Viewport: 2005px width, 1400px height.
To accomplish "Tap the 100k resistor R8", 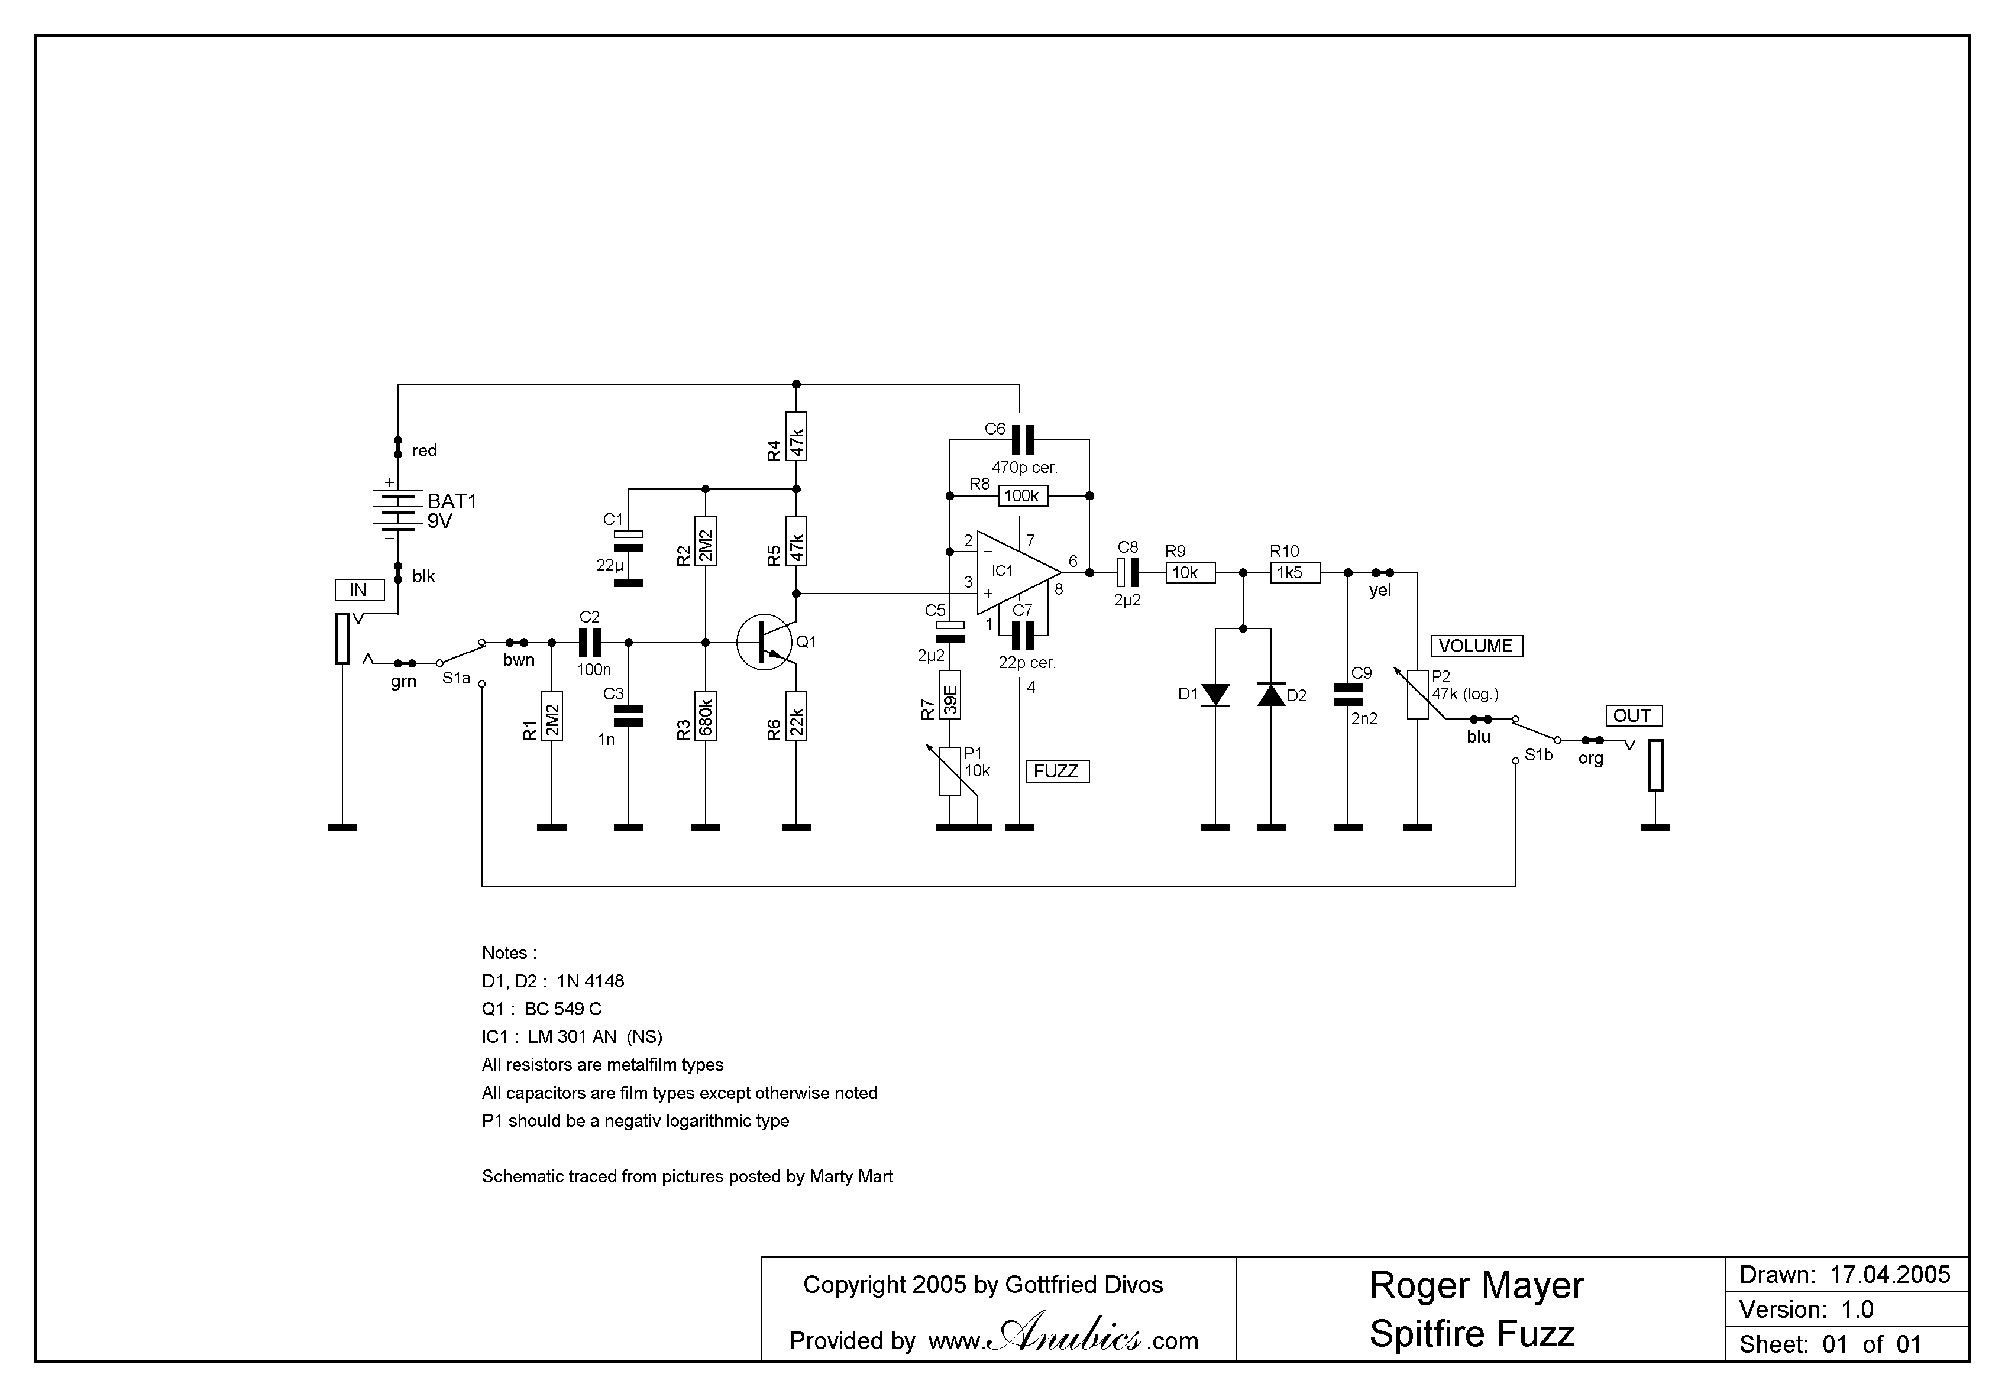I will [1021, 496].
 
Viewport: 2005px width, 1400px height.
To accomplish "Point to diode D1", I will [1215, 695].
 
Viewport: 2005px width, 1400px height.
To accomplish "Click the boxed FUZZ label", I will [1057, 772].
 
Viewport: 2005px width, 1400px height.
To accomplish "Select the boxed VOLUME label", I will [1476, 646].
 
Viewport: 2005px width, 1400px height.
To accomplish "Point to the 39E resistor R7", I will [950, 695].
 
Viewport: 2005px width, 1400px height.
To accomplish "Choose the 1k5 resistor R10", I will [1294, 572].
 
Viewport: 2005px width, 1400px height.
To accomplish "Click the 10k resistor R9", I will [1189, 572].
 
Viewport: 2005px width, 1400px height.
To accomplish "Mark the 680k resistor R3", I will [706, 716].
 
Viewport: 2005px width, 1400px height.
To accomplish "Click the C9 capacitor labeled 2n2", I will [1348, 695].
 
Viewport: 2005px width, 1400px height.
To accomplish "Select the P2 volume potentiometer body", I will [1417, 695].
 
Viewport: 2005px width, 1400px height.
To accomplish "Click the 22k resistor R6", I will [797, 716].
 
